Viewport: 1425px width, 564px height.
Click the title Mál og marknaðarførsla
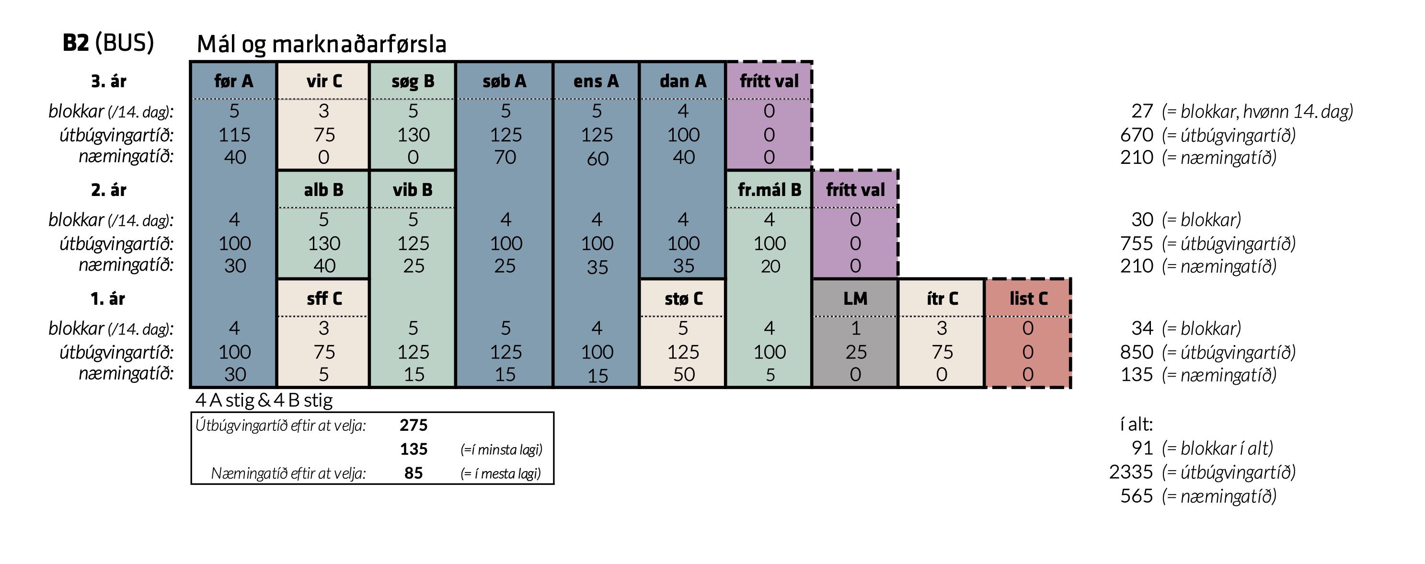(322, 44)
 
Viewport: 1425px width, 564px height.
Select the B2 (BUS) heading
(108, 43)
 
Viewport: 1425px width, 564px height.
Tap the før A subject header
(233, 81)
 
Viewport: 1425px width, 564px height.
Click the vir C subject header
(324, 81)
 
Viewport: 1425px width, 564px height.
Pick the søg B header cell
(413, 82)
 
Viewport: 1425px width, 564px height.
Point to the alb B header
(323, 190)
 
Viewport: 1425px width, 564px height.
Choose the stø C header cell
(684, 299)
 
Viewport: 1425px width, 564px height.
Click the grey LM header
(855, 299)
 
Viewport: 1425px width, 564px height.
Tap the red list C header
(1028, 299)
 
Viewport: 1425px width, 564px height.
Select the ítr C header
(942, 299)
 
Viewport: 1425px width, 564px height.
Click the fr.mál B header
(770, 190)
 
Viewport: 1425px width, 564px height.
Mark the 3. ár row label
(108, 81)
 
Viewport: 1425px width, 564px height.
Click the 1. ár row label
(108, 299)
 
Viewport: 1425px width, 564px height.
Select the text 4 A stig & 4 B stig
(264, 400)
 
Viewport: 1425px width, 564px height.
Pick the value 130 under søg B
(413, 135)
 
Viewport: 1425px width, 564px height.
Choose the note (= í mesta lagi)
(501, 474)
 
